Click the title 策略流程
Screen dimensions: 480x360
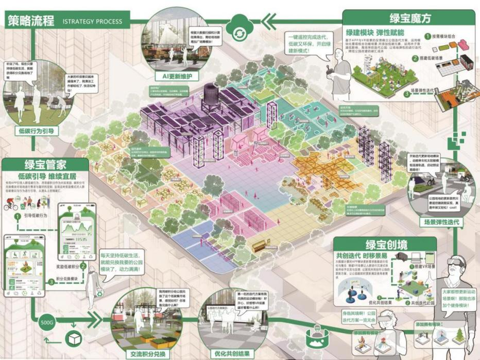point(30,21)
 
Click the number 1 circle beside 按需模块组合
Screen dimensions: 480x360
point(427,37)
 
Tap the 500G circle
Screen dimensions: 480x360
point(46,323)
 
